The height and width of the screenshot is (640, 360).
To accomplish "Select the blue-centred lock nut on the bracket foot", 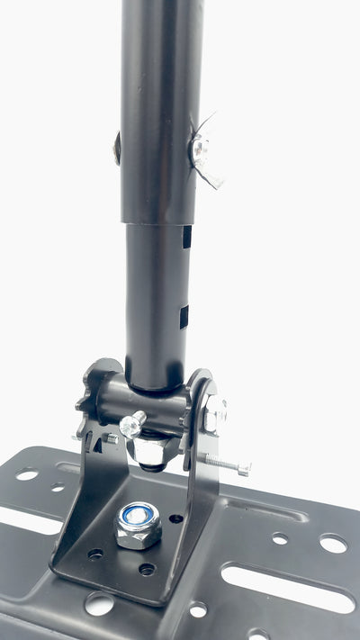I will (138, 526).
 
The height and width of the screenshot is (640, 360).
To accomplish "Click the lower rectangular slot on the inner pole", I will (184, 316).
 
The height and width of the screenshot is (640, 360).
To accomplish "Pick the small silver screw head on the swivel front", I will (132, 424).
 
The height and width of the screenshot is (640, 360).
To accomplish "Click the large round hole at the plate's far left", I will (27, 474).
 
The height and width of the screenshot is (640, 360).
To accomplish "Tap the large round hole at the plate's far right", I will (333, 543).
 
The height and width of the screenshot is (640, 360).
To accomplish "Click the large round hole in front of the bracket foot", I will (99, 604).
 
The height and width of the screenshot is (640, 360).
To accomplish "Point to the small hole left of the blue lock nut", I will (95, 554).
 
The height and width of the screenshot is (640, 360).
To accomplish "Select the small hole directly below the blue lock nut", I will (146, 569).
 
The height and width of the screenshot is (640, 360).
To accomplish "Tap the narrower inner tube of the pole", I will (155, 297).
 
